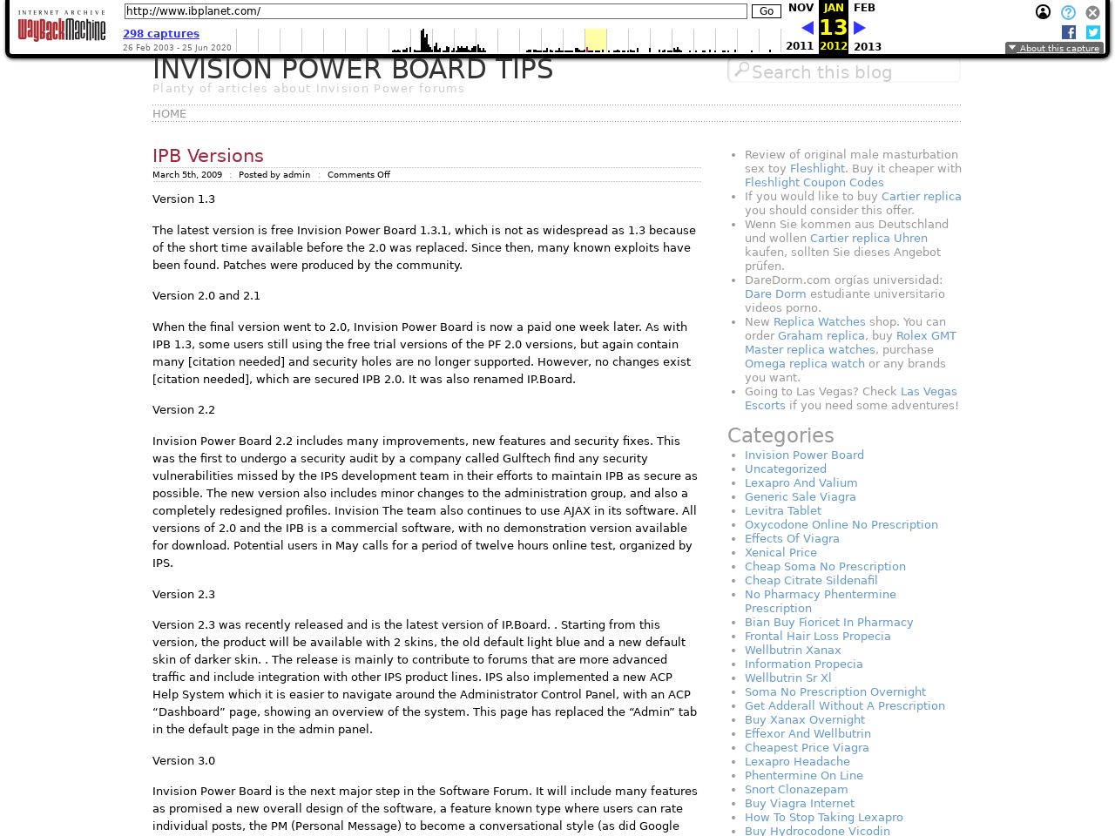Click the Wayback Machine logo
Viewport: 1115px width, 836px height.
61,28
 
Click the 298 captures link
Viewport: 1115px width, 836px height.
161,34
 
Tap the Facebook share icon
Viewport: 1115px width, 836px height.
1069,32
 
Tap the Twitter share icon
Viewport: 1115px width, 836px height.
1093,32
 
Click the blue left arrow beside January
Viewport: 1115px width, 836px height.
808,28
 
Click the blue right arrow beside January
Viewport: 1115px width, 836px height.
860,28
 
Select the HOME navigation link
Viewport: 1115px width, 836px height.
169,114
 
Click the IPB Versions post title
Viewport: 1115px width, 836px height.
208,156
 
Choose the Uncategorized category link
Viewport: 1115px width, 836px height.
786,469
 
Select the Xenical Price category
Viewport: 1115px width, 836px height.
780,553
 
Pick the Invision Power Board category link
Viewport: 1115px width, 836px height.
804,455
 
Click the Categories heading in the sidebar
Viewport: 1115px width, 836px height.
780,435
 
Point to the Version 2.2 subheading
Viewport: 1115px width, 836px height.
184,410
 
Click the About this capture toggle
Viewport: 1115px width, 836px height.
1054,49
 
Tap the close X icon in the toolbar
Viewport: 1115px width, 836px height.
1092,12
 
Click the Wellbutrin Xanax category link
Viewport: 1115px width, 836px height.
793,651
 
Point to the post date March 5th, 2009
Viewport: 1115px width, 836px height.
187,175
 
